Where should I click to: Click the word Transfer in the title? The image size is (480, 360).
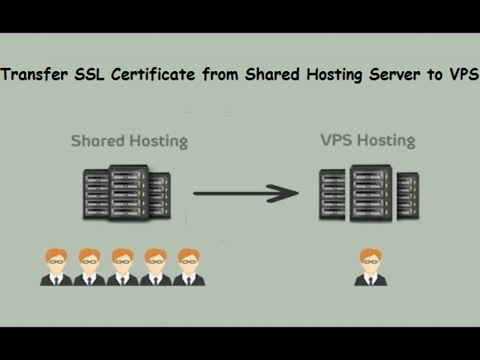click(x=34, y=74)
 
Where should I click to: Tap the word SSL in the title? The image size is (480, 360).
click(x=89, y=74)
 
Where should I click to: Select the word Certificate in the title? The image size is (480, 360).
click(x=153, y=74)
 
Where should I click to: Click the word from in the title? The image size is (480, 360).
click(x=220, y=74)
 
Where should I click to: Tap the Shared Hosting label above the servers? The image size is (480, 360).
click(x=129, y=142)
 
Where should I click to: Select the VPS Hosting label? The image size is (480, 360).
click(x=368, y=141)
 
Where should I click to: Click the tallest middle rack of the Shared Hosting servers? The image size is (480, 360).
click(x=129, y=193)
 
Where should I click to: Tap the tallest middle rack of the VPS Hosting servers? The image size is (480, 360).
click(x=371, y=193)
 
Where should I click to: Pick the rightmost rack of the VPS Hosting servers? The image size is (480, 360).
click(x=408, y=196)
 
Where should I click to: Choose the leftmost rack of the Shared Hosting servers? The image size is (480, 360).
click(x=96, y=194)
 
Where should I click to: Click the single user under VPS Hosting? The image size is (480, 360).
click(x=371, y=267)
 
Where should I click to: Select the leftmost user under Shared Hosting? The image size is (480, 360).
click(x=56, y=267)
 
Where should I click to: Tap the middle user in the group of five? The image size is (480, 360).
click(x=122, y=267)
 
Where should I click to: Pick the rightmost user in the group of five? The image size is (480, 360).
click(x=189, y=267)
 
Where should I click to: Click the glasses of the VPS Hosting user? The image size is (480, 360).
click(x=371, y=262)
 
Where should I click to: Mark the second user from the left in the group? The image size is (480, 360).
click(x=89, y=267)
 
